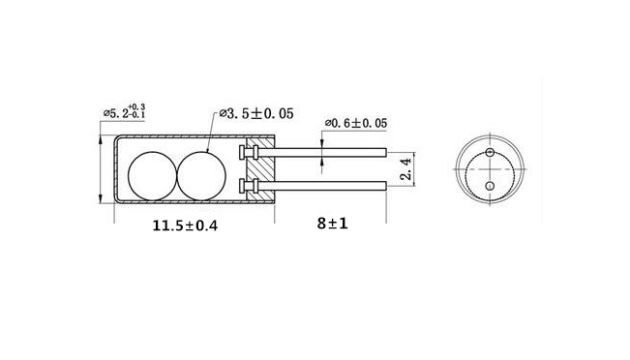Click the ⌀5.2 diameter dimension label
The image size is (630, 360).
click(124, 111)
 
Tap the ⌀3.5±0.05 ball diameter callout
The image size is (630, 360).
click(256, 113)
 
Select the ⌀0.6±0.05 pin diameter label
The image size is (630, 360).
click(356, 123)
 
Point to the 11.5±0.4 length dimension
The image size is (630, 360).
click(185, 225)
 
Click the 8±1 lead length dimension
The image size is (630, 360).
click(332, 224)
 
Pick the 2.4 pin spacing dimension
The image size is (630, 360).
click(406, 168)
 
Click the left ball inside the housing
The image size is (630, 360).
click(152, 176)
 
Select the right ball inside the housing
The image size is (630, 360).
click(201, 176)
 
